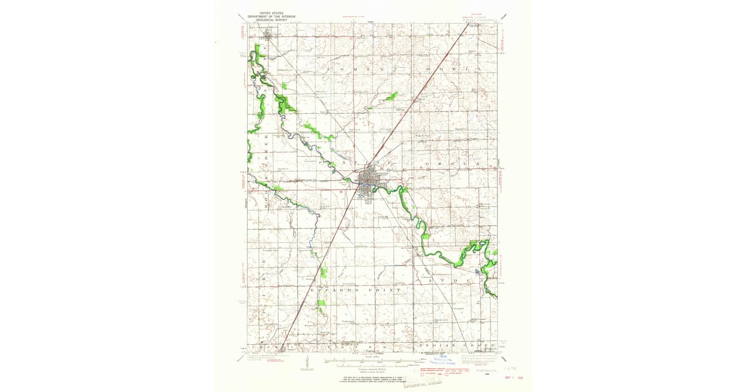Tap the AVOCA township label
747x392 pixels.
coord(454,281)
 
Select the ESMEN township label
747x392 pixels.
coord(349,67)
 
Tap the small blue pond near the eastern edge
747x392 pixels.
coord(477,271)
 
